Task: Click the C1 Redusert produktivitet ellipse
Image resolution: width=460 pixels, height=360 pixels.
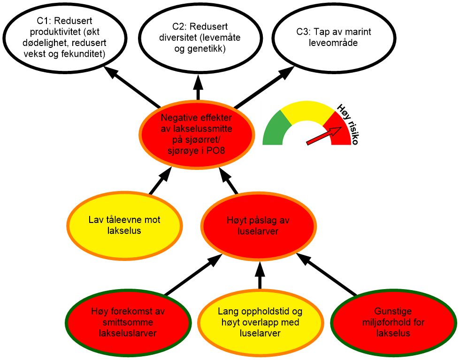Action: point(65,38)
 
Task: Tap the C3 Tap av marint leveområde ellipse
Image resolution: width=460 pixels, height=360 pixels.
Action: point(333,38)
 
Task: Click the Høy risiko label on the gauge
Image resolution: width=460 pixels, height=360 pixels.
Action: point(350,123)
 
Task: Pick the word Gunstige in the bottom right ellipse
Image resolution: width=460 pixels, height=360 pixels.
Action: point(393,311)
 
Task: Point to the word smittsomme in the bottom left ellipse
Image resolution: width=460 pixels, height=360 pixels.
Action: point(125,322)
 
